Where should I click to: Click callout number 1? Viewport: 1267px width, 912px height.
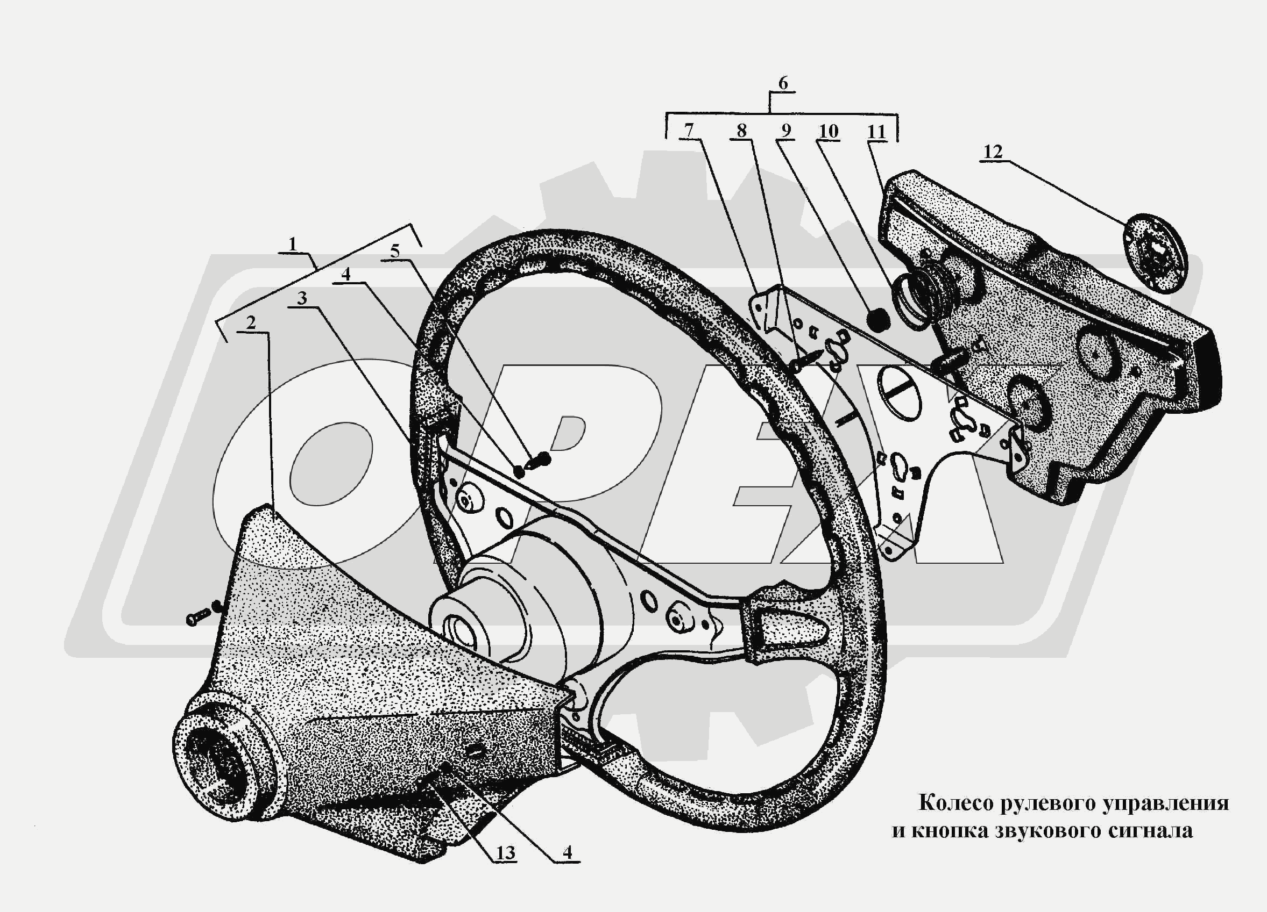292,244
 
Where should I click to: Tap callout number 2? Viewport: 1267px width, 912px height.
251,322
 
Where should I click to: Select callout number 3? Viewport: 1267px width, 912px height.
302,298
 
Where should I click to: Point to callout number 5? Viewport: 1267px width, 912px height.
395,251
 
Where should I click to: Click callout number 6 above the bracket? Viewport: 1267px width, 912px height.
783,83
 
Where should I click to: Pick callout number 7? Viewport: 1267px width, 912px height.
689,130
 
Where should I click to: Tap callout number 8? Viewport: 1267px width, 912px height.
741,131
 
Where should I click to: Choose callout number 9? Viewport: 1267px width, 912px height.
786,131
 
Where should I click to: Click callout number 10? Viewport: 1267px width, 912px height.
829,131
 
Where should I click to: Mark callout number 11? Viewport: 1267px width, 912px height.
876,132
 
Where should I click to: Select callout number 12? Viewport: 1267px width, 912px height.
993,151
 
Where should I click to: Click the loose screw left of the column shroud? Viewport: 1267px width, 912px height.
204,613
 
